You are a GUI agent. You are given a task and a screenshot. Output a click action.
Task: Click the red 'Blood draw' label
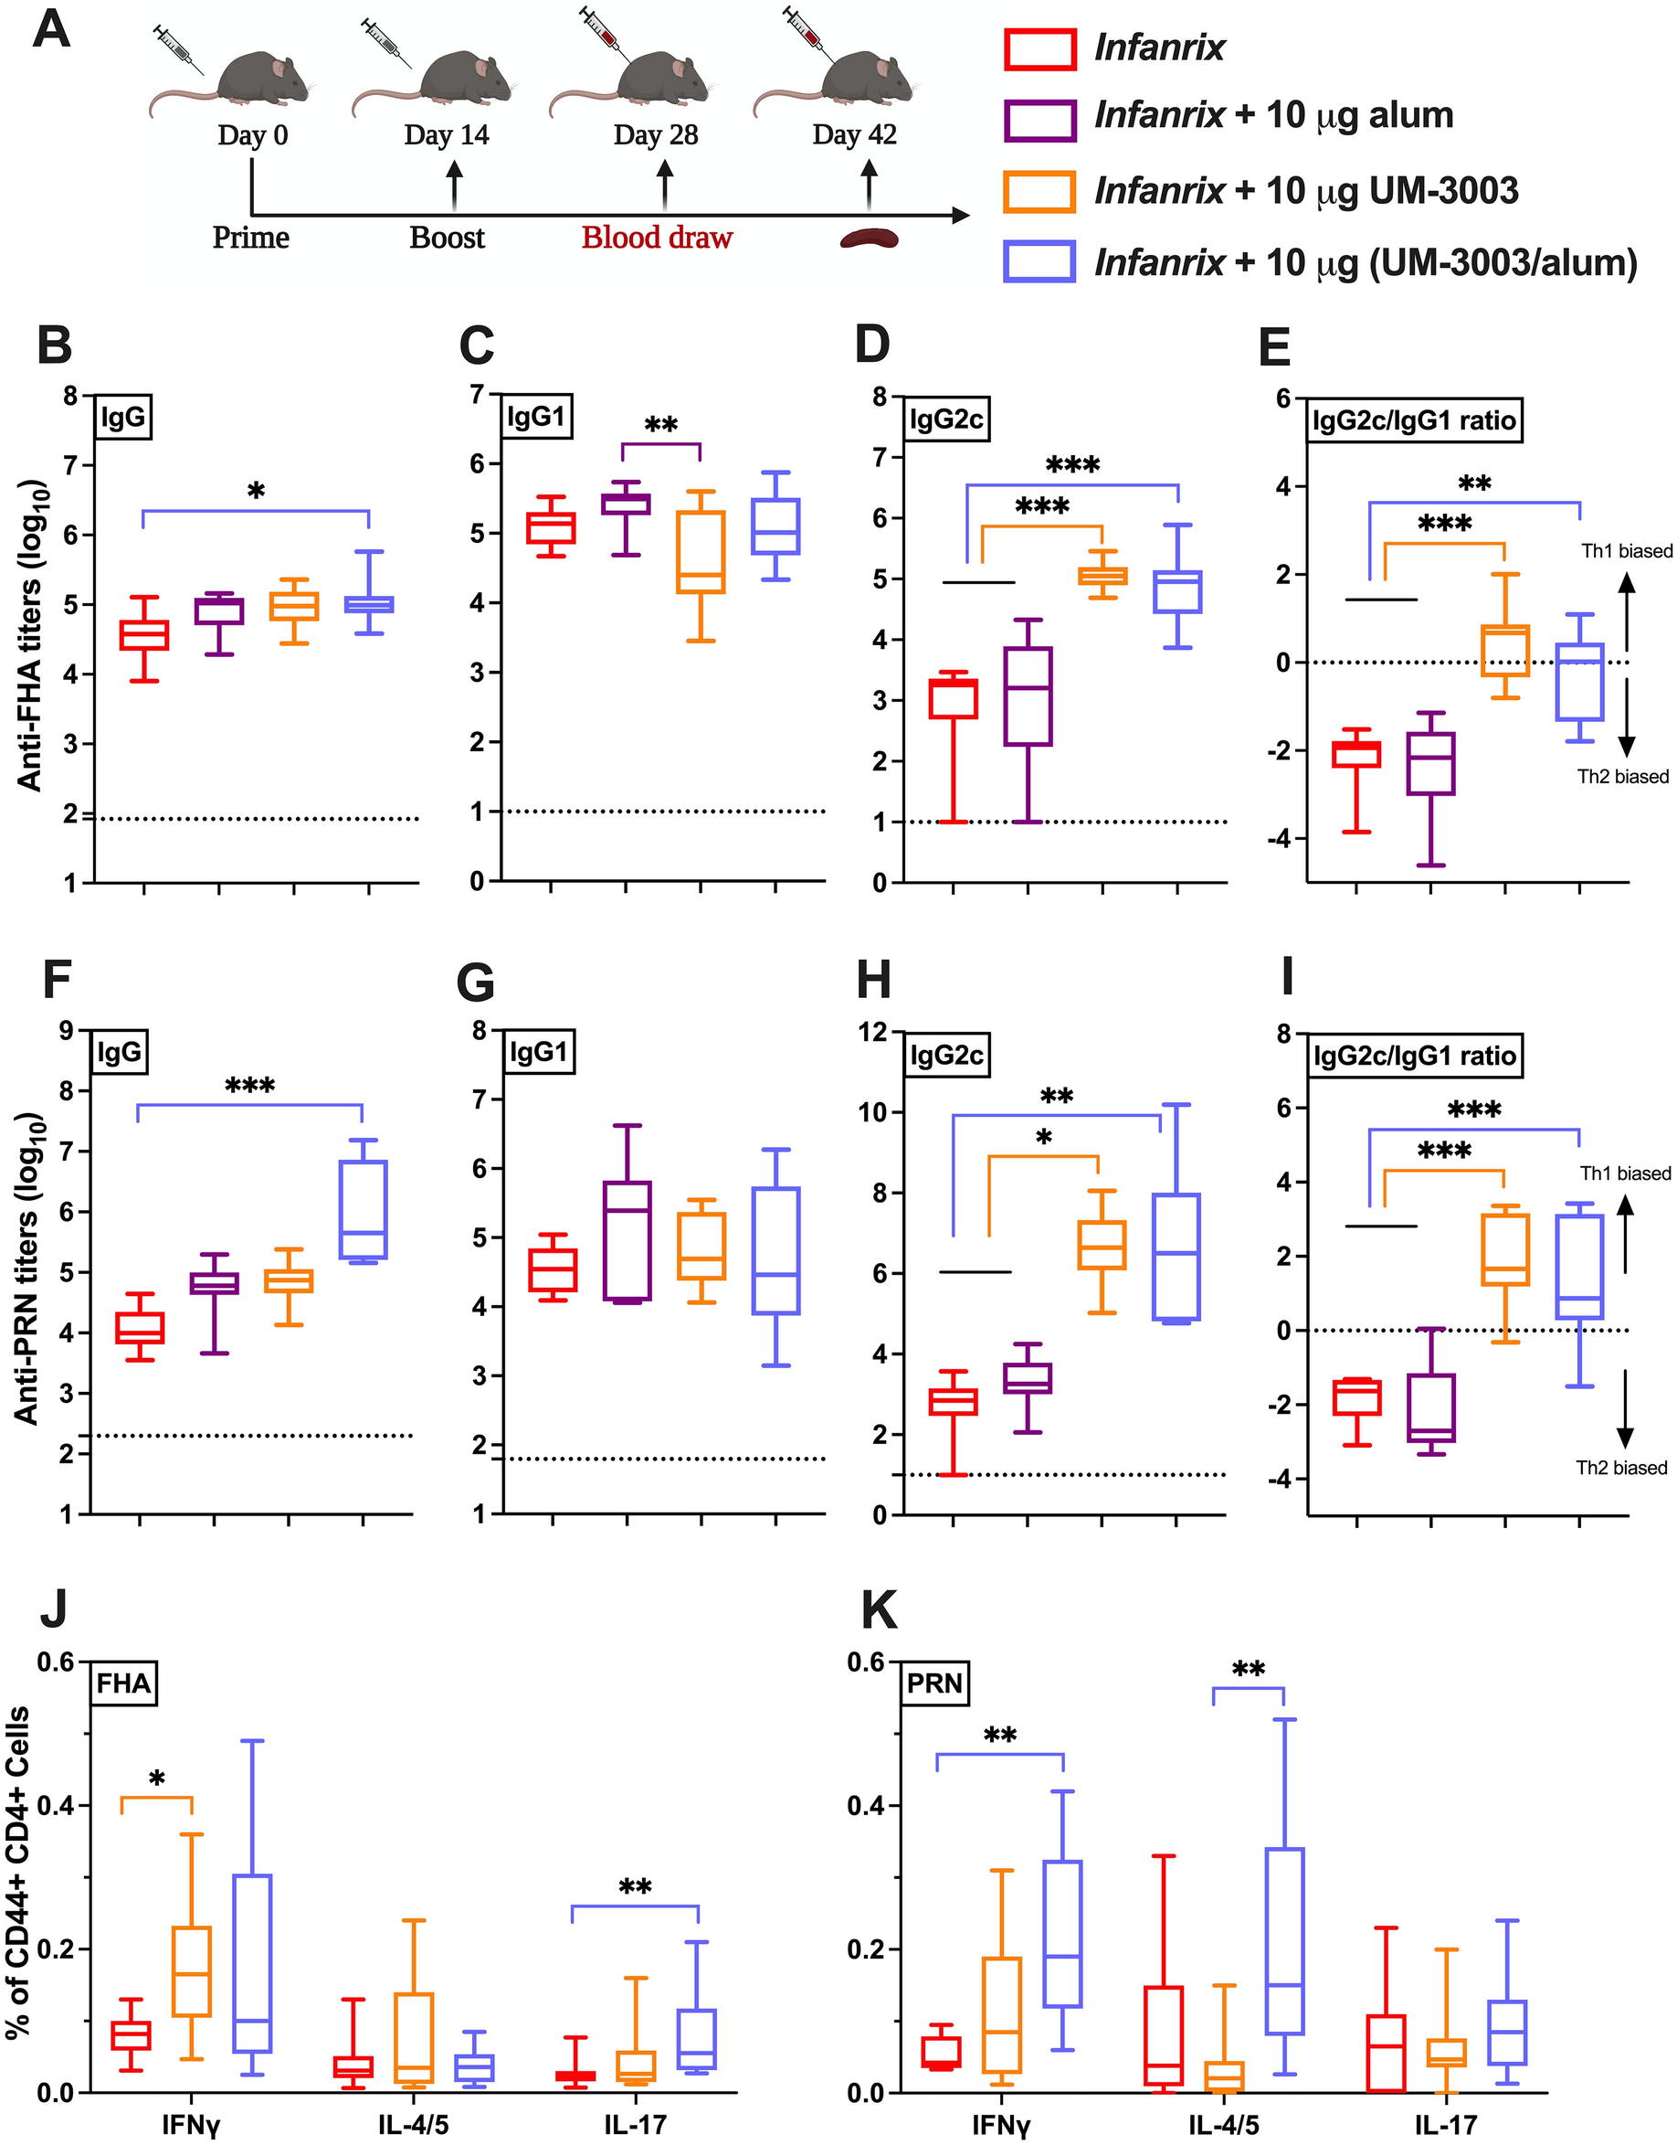[656, 238]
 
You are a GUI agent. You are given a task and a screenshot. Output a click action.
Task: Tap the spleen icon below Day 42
[868, 239]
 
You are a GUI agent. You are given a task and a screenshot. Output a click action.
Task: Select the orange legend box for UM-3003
[1039, 190]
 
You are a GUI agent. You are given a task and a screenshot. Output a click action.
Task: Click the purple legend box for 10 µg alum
[1039, 119]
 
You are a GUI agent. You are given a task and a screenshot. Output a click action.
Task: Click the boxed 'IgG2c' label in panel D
[946, 420]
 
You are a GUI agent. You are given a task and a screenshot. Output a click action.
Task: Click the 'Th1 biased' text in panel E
[1626, 551]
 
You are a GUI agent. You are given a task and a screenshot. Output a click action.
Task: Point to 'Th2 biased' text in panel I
[1621, 1468]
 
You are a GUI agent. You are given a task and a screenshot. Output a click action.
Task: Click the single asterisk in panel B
[257, 492]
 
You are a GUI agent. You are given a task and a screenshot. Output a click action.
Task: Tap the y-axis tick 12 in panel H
[870, 1032]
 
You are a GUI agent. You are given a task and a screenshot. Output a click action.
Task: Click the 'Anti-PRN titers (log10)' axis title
[26, 1268]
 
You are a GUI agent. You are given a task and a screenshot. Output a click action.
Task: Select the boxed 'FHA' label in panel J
[123, 1683]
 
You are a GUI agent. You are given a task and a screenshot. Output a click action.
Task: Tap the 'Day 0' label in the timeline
[252, 135]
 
